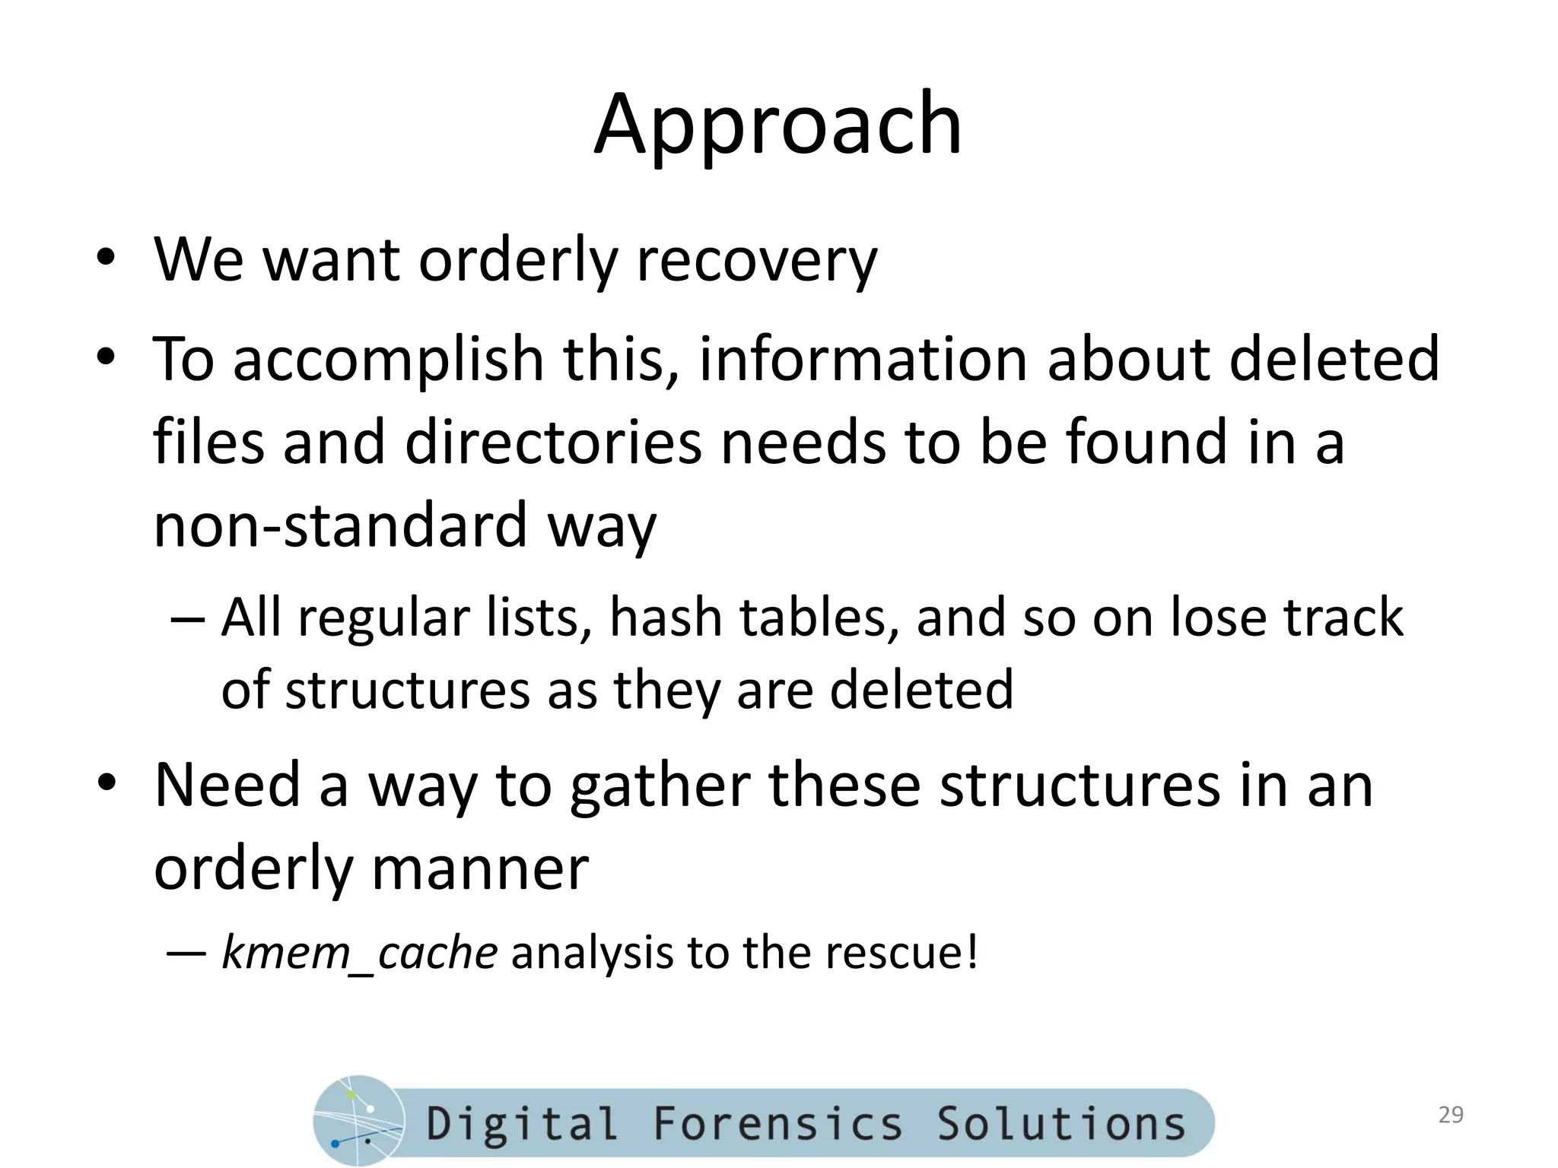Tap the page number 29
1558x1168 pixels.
(x=1451, y=1115)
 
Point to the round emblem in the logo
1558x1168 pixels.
(x=358, y=1121)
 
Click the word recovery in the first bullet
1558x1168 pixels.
(x=756, y=261)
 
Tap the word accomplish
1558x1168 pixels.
(x=388, y=359)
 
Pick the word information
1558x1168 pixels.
(x=863, y=359)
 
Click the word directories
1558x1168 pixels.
(x=553, y=443)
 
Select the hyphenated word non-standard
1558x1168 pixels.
(x=340, y=526)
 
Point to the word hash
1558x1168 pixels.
(x=666, y=617)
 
